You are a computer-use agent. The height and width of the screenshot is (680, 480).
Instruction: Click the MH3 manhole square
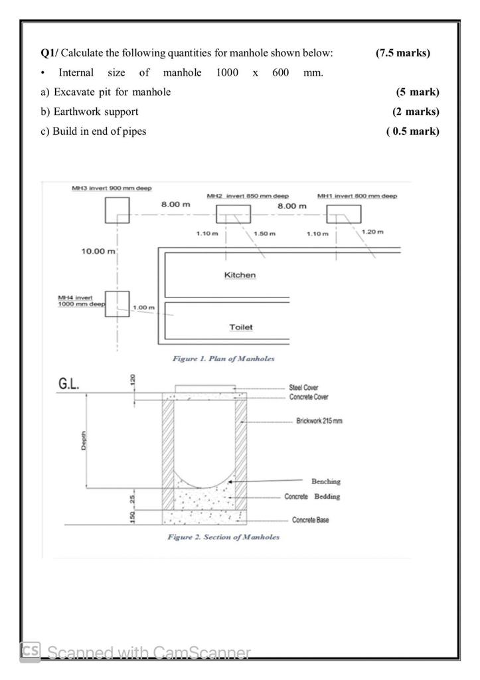[117, 210]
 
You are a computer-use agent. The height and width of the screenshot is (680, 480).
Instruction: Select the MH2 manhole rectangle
[233, 214]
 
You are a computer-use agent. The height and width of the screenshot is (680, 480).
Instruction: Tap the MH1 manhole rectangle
[343, 214]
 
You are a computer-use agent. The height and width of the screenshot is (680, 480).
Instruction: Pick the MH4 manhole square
[117, 303]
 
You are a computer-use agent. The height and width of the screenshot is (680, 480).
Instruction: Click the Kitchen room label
[240, 274]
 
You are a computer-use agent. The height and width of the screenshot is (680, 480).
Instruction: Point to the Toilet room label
[240, 327]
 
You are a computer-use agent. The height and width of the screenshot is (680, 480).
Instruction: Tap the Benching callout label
[325, 481]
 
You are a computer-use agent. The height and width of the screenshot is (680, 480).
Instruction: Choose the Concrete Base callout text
[310, 520]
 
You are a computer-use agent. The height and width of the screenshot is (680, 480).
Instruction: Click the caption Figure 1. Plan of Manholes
[223, 359]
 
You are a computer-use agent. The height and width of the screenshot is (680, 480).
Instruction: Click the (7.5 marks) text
[402, 53]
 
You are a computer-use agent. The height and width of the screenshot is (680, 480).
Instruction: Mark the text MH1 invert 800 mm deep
[357, 196]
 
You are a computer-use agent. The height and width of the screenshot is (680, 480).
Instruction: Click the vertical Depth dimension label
[84, 440]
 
